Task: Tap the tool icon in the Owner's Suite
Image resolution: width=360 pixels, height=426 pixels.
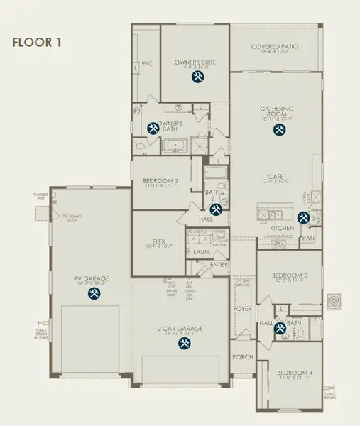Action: point(195,78)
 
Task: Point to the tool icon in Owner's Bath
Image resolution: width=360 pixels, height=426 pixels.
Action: point(153,129)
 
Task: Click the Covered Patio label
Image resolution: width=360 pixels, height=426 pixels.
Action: point(275,47)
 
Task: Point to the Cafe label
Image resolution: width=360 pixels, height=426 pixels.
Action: point(276,177)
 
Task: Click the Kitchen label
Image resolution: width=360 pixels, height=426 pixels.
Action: point(282,228)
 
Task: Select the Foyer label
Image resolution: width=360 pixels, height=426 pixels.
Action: point(243,310)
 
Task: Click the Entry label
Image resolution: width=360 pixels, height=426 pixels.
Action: point(219,265)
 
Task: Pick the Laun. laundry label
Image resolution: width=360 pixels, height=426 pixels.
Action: point(202,251)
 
